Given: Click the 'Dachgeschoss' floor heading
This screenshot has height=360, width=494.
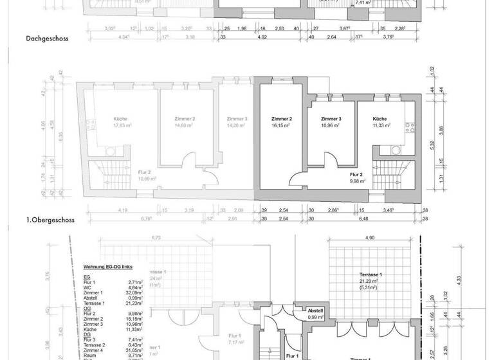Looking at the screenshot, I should coord(47,39).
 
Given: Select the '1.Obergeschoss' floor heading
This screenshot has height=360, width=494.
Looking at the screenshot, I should coord(50,220).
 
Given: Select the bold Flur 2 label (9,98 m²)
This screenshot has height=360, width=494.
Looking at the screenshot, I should coord(358,177).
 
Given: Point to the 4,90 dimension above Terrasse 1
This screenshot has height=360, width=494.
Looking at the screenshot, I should coord(369,238).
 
